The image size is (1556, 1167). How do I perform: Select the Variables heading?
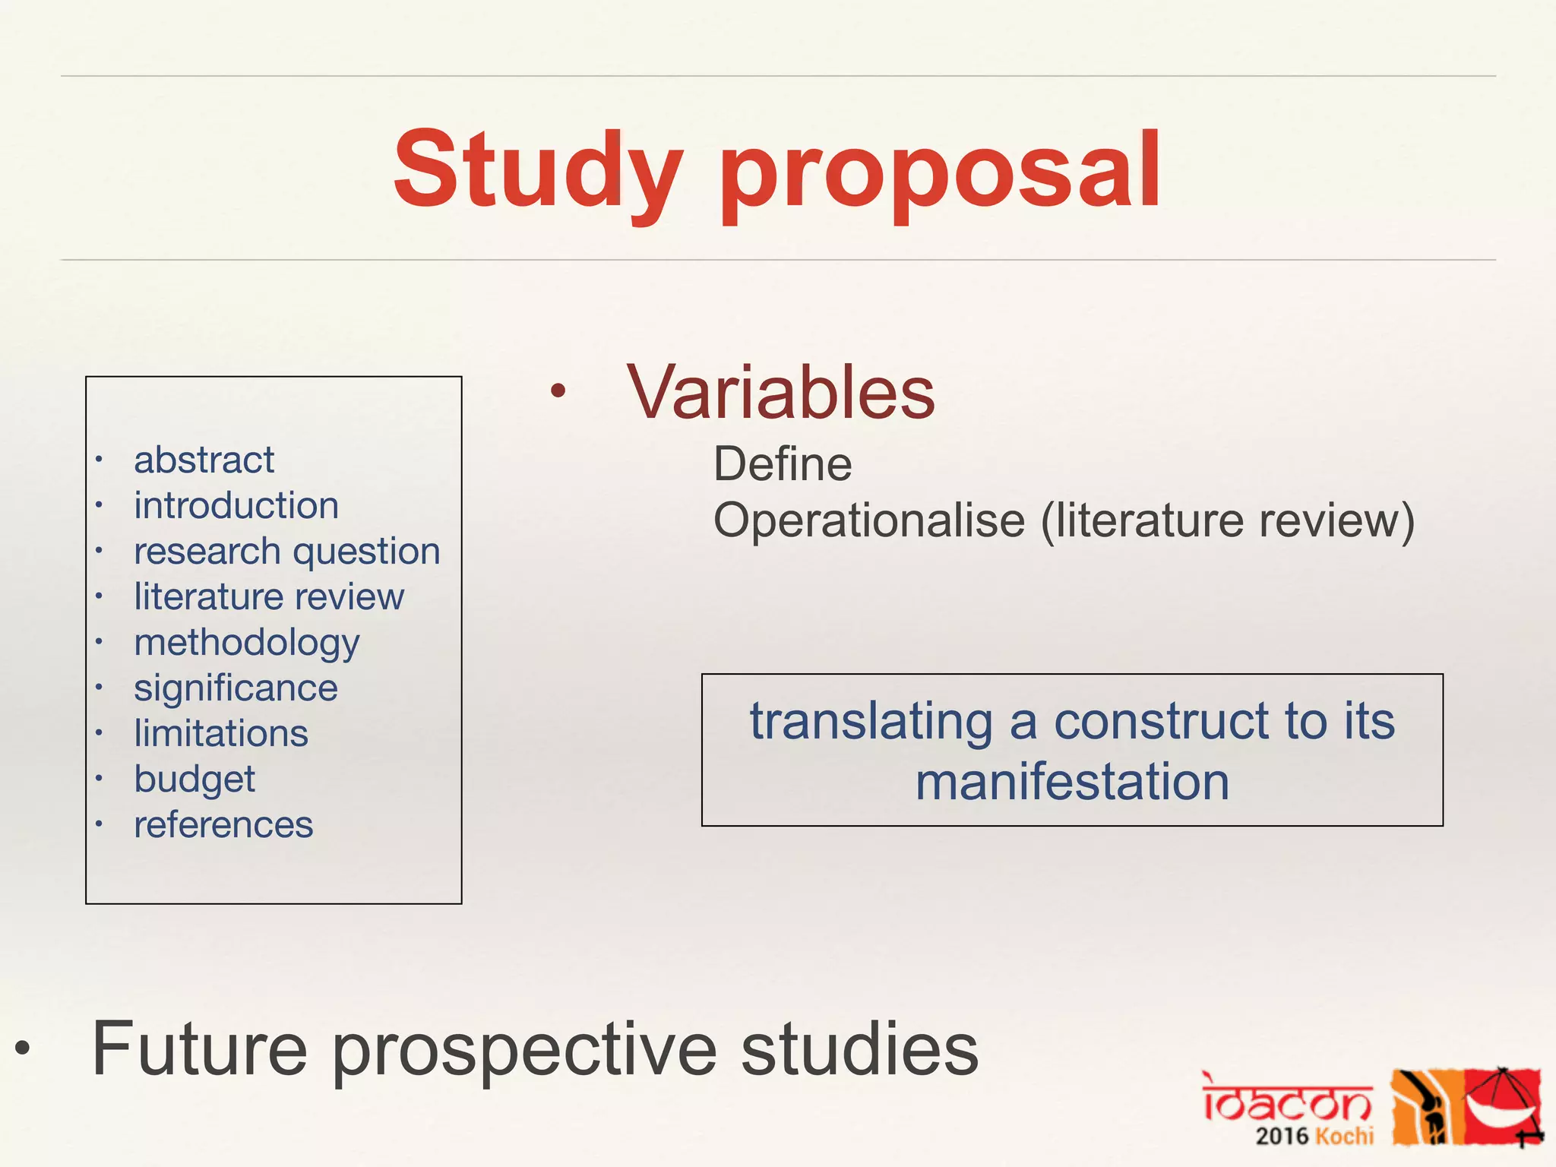click(x=780, y=393)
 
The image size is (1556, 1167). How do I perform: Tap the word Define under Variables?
click(x=783, y=464)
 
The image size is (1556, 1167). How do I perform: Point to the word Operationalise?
click(x=869, y=521)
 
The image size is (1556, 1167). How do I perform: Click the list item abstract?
click(x=204, y=460)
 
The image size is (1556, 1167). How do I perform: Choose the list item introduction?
click(x=236, y=506)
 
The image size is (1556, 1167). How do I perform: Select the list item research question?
click(x=287, y=552)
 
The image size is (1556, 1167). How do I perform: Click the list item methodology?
click(x=246, y=644)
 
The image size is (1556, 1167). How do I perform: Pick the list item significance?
click(x=236, y=688)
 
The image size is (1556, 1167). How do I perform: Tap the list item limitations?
click(x=221, y=734)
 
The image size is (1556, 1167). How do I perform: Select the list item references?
click(x=223, y=825)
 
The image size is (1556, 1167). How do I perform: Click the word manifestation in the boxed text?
click(x=1072, y=783)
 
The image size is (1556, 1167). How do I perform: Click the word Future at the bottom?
click(x=200, y=1049)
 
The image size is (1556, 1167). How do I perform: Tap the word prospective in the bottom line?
click(x=524, y=1052)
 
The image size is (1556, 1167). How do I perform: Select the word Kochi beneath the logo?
click(x=1344, y=1137)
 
